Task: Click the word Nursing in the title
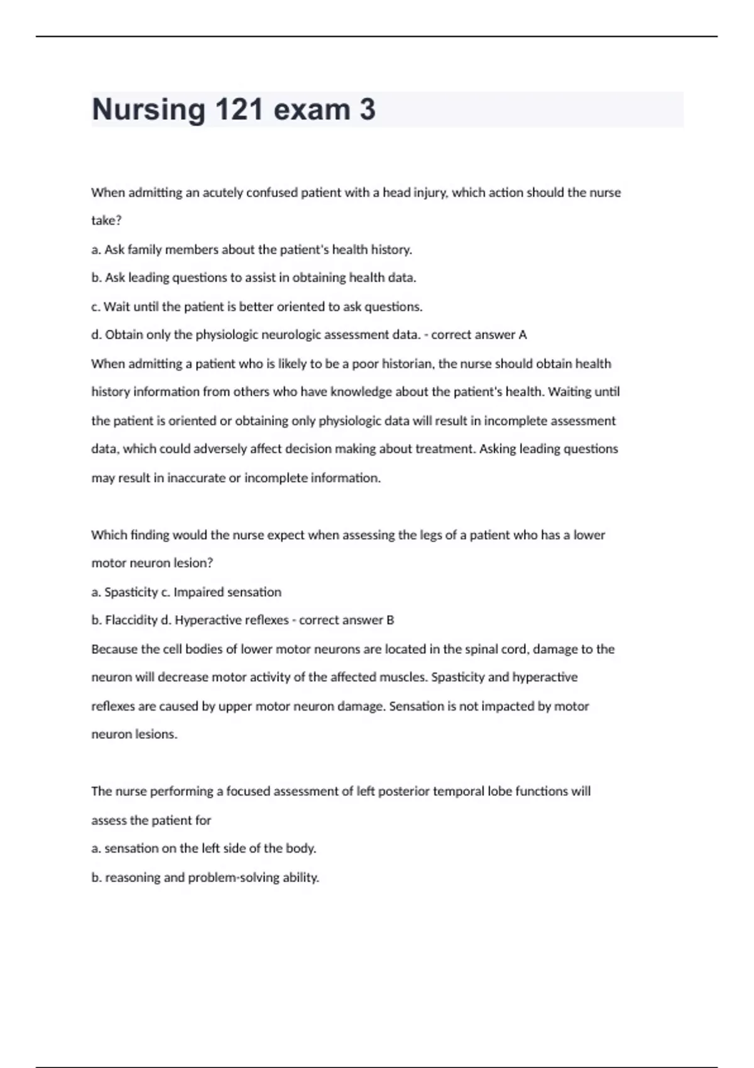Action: (148, 110)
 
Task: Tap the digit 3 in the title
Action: (368, 110)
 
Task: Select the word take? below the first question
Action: (106, 221)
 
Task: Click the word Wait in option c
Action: (117, 307)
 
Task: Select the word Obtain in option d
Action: (124, 335)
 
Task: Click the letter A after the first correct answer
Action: (522, 335)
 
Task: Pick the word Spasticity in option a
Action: (131, 592)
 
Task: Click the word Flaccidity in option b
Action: (131, 620)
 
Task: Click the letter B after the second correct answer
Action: (390, 620)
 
